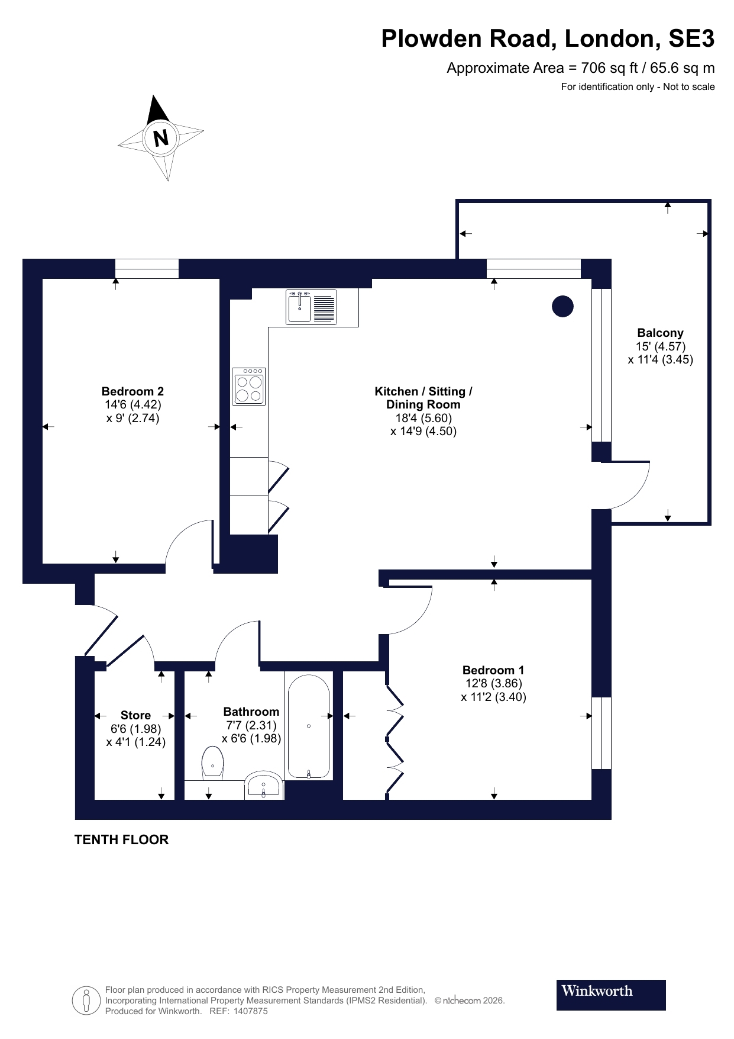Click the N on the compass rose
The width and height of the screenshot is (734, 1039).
point(161,139)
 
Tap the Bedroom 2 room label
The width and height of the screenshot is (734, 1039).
point(132,391)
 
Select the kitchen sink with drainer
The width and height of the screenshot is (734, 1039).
point(312,307)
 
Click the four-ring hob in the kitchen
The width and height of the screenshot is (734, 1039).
point(249,387)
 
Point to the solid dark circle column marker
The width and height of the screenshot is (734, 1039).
point(562,306)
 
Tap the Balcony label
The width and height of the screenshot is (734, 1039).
point(660,333)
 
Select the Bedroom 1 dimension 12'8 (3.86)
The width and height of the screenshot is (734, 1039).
point(493,683)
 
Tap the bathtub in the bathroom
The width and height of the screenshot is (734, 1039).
point(308,726)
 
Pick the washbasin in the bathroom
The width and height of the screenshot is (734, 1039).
point(264,786)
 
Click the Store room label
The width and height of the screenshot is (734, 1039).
point(135,715)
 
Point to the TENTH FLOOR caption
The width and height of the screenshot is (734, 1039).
point(121,839)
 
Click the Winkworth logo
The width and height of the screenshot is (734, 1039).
point(610,995)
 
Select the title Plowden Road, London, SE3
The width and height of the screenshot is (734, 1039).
point(548,38)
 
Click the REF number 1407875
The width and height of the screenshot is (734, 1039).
point(251,1011)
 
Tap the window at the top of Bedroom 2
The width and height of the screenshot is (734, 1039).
point(147,269)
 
